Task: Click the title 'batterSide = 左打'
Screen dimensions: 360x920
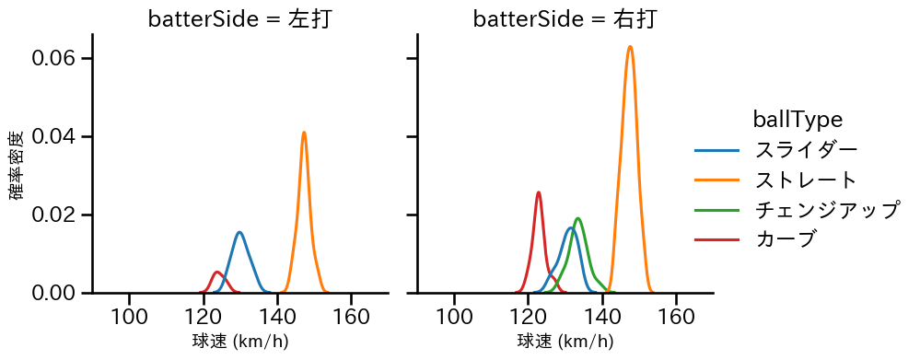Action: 239,19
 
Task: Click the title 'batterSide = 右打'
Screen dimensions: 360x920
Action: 565,19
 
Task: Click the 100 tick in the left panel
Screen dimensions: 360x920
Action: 130,316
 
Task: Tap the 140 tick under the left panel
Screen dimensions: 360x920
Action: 277,316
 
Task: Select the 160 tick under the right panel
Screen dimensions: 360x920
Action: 676,316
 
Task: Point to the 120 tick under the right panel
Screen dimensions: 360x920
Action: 529,316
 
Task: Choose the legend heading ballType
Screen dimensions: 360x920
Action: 798,119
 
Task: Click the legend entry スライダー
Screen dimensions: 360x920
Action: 806,149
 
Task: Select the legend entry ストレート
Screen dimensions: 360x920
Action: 806,180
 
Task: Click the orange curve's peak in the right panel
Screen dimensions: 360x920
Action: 630,46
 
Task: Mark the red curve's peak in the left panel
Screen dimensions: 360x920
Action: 217,272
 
